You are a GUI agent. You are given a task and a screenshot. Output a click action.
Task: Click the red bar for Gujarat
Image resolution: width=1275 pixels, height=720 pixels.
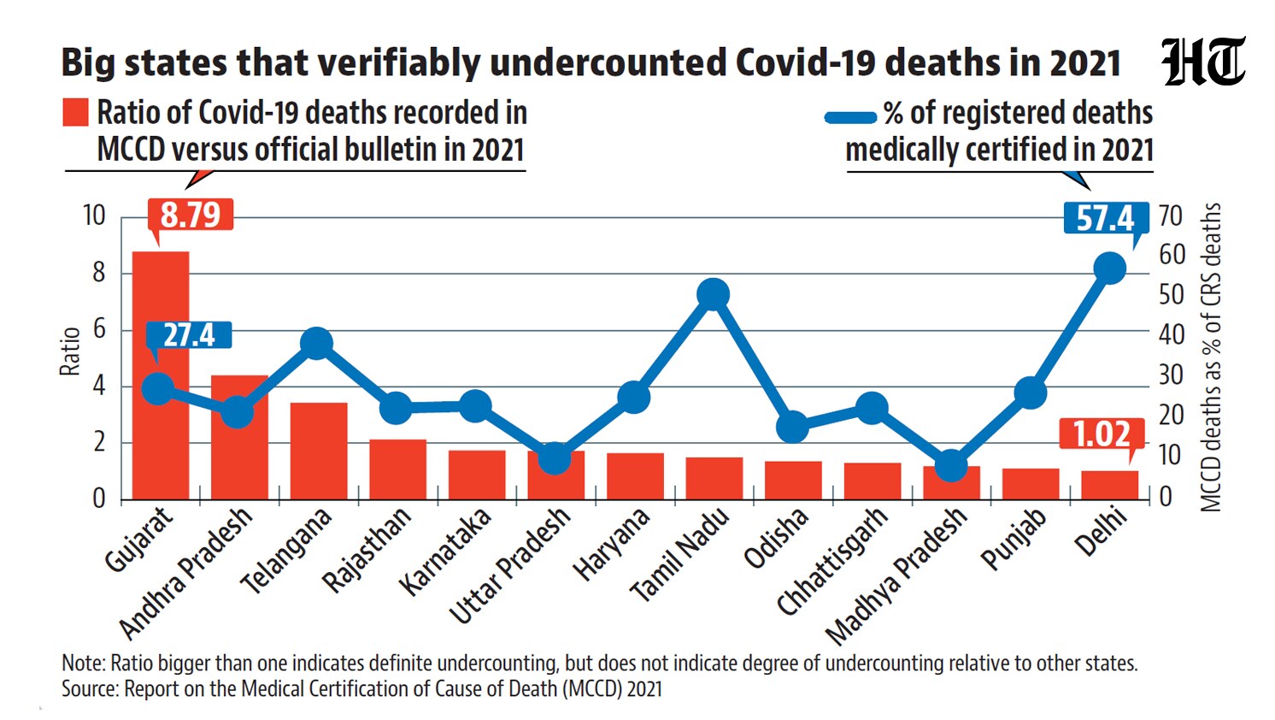161,375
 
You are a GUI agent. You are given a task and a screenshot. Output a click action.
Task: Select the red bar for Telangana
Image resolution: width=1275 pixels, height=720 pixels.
319,451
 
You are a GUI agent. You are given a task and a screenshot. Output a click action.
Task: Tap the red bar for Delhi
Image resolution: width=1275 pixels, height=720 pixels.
1110,486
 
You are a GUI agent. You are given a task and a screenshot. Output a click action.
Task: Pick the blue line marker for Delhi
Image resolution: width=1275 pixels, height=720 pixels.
1110,268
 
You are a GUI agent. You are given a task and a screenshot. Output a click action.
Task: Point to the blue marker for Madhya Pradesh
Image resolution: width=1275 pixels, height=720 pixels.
952,465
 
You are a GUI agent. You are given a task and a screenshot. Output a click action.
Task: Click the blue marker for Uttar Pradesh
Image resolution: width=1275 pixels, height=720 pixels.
555,458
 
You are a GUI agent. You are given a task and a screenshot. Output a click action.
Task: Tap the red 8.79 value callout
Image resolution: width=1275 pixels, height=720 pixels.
190,215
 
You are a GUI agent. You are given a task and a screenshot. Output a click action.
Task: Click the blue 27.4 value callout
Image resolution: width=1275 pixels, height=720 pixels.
189,335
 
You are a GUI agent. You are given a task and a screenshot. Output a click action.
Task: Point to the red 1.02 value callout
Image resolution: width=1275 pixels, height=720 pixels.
1102,434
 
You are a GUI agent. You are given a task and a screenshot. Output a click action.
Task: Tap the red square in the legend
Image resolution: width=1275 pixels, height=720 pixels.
76,112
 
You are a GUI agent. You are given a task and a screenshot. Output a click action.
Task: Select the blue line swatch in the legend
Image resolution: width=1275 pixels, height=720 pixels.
850,117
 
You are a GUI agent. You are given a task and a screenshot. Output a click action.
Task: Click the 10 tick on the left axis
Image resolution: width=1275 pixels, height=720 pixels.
94,216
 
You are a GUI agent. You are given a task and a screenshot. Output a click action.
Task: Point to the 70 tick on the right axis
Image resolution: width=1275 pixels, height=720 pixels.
1170,216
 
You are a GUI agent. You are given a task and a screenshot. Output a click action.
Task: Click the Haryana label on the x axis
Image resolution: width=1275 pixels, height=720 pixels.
611,545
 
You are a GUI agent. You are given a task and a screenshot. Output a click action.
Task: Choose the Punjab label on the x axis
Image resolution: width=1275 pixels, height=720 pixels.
1014,539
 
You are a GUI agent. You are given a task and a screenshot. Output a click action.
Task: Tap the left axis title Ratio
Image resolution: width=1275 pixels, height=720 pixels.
70,351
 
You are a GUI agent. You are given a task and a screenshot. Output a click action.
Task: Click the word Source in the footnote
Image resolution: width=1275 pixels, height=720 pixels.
90,688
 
